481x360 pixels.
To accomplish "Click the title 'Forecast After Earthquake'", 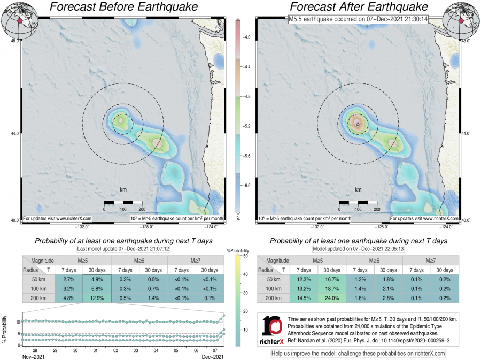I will (358, 7).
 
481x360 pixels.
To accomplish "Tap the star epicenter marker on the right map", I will (358, 124).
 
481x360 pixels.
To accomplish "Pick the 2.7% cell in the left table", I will (69, 279).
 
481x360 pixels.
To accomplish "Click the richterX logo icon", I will (273, 327).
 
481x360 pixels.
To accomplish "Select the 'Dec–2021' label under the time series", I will (214, 356).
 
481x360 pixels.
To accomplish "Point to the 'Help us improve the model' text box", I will (358, 353).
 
